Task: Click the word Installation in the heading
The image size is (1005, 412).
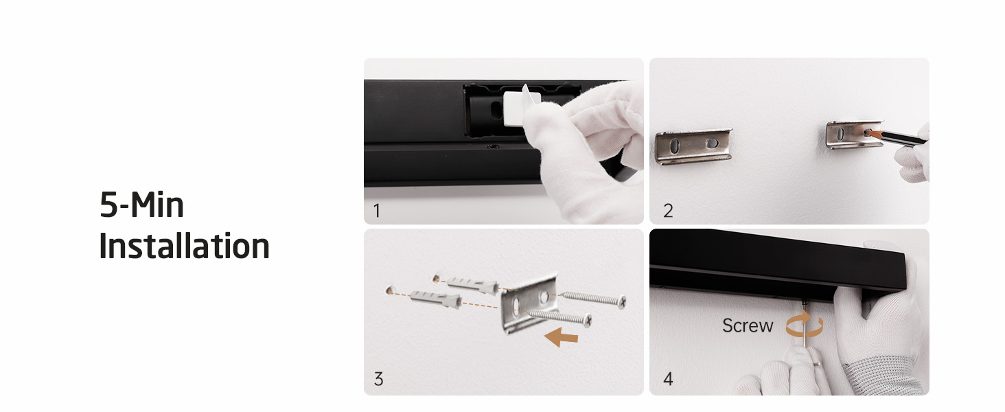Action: (184, 246)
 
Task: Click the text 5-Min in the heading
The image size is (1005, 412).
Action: (142, 205)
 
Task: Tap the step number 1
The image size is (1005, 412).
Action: (377, 211)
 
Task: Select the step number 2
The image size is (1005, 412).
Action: (668, 211)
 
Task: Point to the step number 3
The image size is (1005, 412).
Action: (379, 379)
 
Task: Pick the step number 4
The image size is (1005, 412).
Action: (668, 379)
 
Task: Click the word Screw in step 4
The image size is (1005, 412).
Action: (748, 325)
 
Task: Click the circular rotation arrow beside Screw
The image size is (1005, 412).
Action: (805, 324)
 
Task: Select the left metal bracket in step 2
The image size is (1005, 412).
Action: (693, 146)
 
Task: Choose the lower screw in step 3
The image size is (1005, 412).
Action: (558, 317)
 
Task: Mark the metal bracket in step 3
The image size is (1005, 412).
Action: (529, 304)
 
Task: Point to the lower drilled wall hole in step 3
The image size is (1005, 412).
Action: (389, 290)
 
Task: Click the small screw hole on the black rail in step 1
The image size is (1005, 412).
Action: (493, 146)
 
